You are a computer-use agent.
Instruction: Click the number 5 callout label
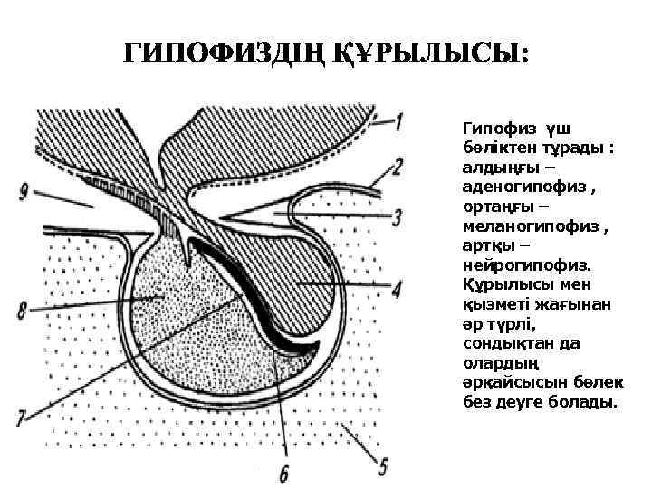pyautogui.click(x=383, y=466)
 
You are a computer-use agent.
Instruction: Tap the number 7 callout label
pyautogui.click(x=22, y=418)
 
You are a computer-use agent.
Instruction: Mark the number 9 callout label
pyautogui.click(x=24, y=192)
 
